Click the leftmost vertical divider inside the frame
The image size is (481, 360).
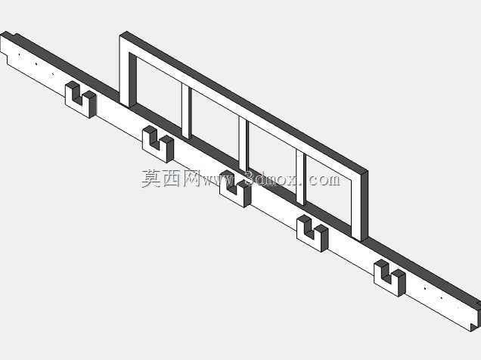click(186, 111)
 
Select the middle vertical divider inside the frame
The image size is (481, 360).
click(244, 144)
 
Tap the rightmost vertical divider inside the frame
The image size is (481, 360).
click(301, 178)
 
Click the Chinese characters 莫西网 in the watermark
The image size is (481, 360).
click(171, 178)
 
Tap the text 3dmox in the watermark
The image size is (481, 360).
click(272, 178)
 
